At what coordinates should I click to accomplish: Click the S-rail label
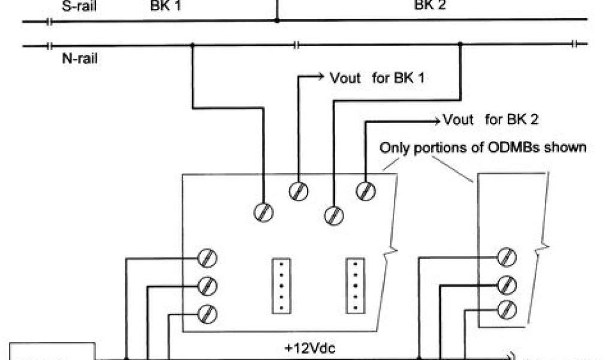(x=79, y=7)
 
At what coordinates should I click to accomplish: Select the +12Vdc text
(x=309, y=348)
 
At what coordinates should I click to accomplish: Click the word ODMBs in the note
(x=514, y=148)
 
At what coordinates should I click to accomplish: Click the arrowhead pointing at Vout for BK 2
(x=437, y=119)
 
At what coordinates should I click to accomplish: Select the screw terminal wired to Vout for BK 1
(x=298, y=191)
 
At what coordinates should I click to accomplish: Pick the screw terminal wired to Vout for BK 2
(x=365, y=191)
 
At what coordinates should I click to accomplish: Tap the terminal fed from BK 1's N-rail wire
(x=264, y=212)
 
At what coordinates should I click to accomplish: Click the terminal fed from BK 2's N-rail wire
(x=333, y=214)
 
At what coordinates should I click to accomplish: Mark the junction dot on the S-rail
(x=276, y=20)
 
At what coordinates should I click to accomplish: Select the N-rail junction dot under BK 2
(x=460, y=44)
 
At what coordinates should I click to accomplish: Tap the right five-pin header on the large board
(x=356, y=285)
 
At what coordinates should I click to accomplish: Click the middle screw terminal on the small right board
(x=507, y=283)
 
